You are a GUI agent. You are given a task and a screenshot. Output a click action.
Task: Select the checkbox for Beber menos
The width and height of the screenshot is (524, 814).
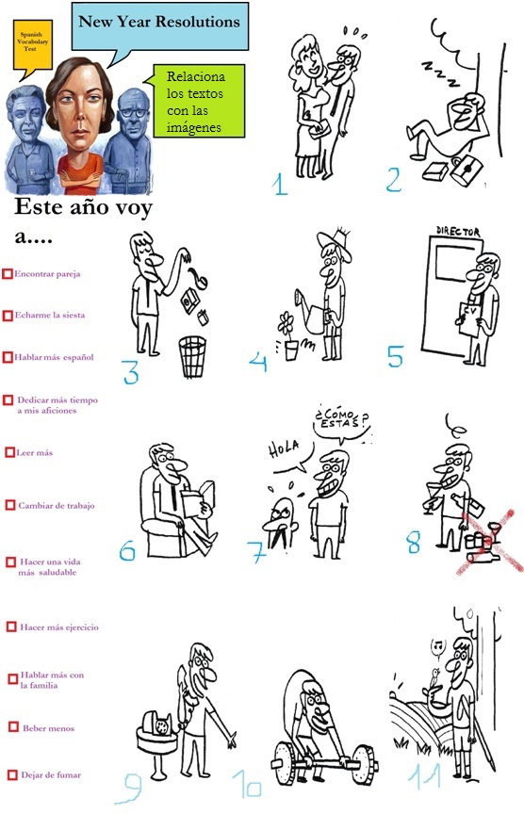pos(13,727)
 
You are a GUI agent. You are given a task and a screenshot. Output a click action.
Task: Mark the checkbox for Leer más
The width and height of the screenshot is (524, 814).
pos(9,452)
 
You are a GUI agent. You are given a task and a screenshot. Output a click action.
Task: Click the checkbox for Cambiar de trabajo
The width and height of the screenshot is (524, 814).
pos(9,505)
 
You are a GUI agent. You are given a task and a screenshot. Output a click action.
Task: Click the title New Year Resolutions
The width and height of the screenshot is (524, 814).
pos(158,21)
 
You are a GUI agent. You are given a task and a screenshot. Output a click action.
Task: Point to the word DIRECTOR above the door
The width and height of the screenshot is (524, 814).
pos(459,231)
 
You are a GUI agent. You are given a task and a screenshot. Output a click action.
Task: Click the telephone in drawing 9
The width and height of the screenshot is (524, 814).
pos(160,726)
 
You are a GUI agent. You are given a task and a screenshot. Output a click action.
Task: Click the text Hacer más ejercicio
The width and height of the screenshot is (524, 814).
pos(59,627)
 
